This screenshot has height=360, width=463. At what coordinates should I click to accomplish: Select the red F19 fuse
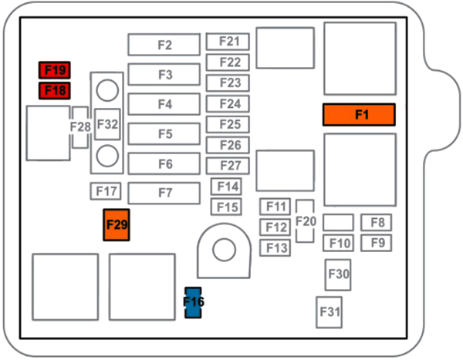click(55, 71)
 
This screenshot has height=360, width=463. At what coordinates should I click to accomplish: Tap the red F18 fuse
click(55, 91)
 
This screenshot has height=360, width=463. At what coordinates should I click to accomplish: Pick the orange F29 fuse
click(117, 224)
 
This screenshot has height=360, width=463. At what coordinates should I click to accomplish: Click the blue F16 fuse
click(194, 302)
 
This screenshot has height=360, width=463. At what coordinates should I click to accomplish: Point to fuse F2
click(164, 45)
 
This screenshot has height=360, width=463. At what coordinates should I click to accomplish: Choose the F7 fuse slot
click(164, 193)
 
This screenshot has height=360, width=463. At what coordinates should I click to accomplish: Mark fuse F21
click(229, 42)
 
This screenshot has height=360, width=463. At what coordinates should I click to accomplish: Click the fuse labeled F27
click(229, 165)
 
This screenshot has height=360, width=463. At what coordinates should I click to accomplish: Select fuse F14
click(227, 186)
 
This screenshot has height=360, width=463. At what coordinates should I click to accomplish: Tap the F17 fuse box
click(105, 190)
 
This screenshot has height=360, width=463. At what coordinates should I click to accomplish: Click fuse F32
click(108, 123)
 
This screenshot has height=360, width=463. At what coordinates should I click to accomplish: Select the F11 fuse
click(275, 207)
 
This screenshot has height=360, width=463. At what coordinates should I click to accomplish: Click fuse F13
click(275, 247)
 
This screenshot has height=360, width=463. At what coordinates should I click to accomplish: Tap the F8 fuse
click(377, 223)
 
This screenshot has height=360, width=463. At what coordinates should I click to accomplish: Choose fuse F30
click(338, 274)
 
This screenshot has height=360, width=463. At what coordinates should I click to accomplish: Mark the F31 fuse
click(330, 311)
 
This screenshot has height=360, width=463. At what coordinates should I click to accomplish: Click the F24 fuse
click(229, 103)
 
